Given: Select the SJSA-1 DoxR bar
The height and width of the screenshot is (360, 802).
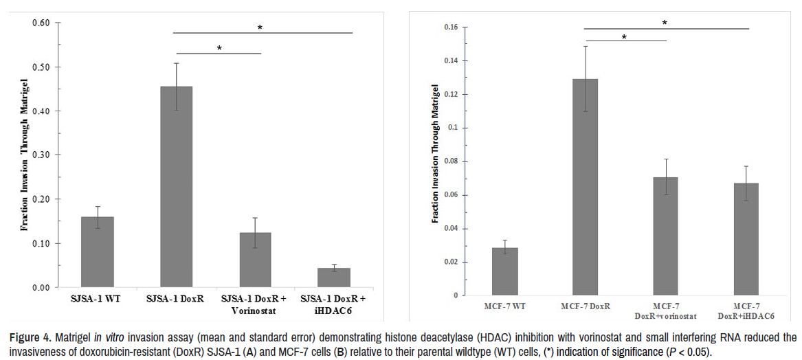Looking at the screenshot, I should click(x=177, y=186).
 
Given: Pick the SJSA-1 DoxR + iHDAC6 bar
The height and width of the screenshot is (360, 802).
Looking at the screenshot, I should click(x=334, y=278).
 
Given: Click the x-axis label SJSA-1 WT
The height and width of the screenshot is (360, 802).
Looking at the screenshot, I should click(x=98, y=300).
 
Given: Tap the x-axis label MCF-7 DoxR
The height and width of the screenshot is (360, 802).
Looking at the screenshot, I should click(x=585, y=305).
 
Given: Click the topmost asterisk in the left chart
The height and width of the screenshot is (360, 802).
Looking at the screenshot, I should click(x=260, y=27).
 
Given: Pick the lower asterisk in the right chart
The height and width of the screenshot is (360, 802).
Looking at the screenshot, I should click(x=624, y=37).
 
